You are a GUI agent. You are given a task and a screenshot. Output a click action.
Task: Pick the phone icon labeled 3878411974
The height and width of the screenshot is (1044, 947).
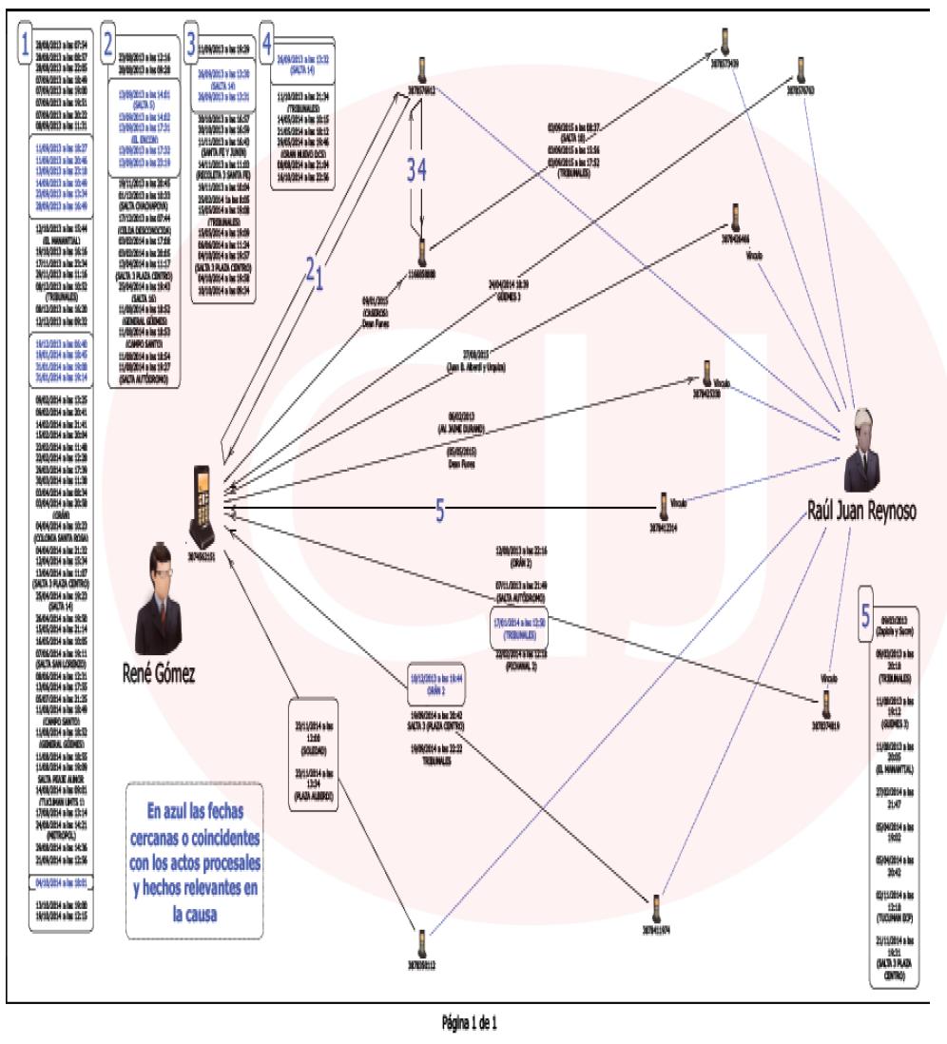655,906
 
